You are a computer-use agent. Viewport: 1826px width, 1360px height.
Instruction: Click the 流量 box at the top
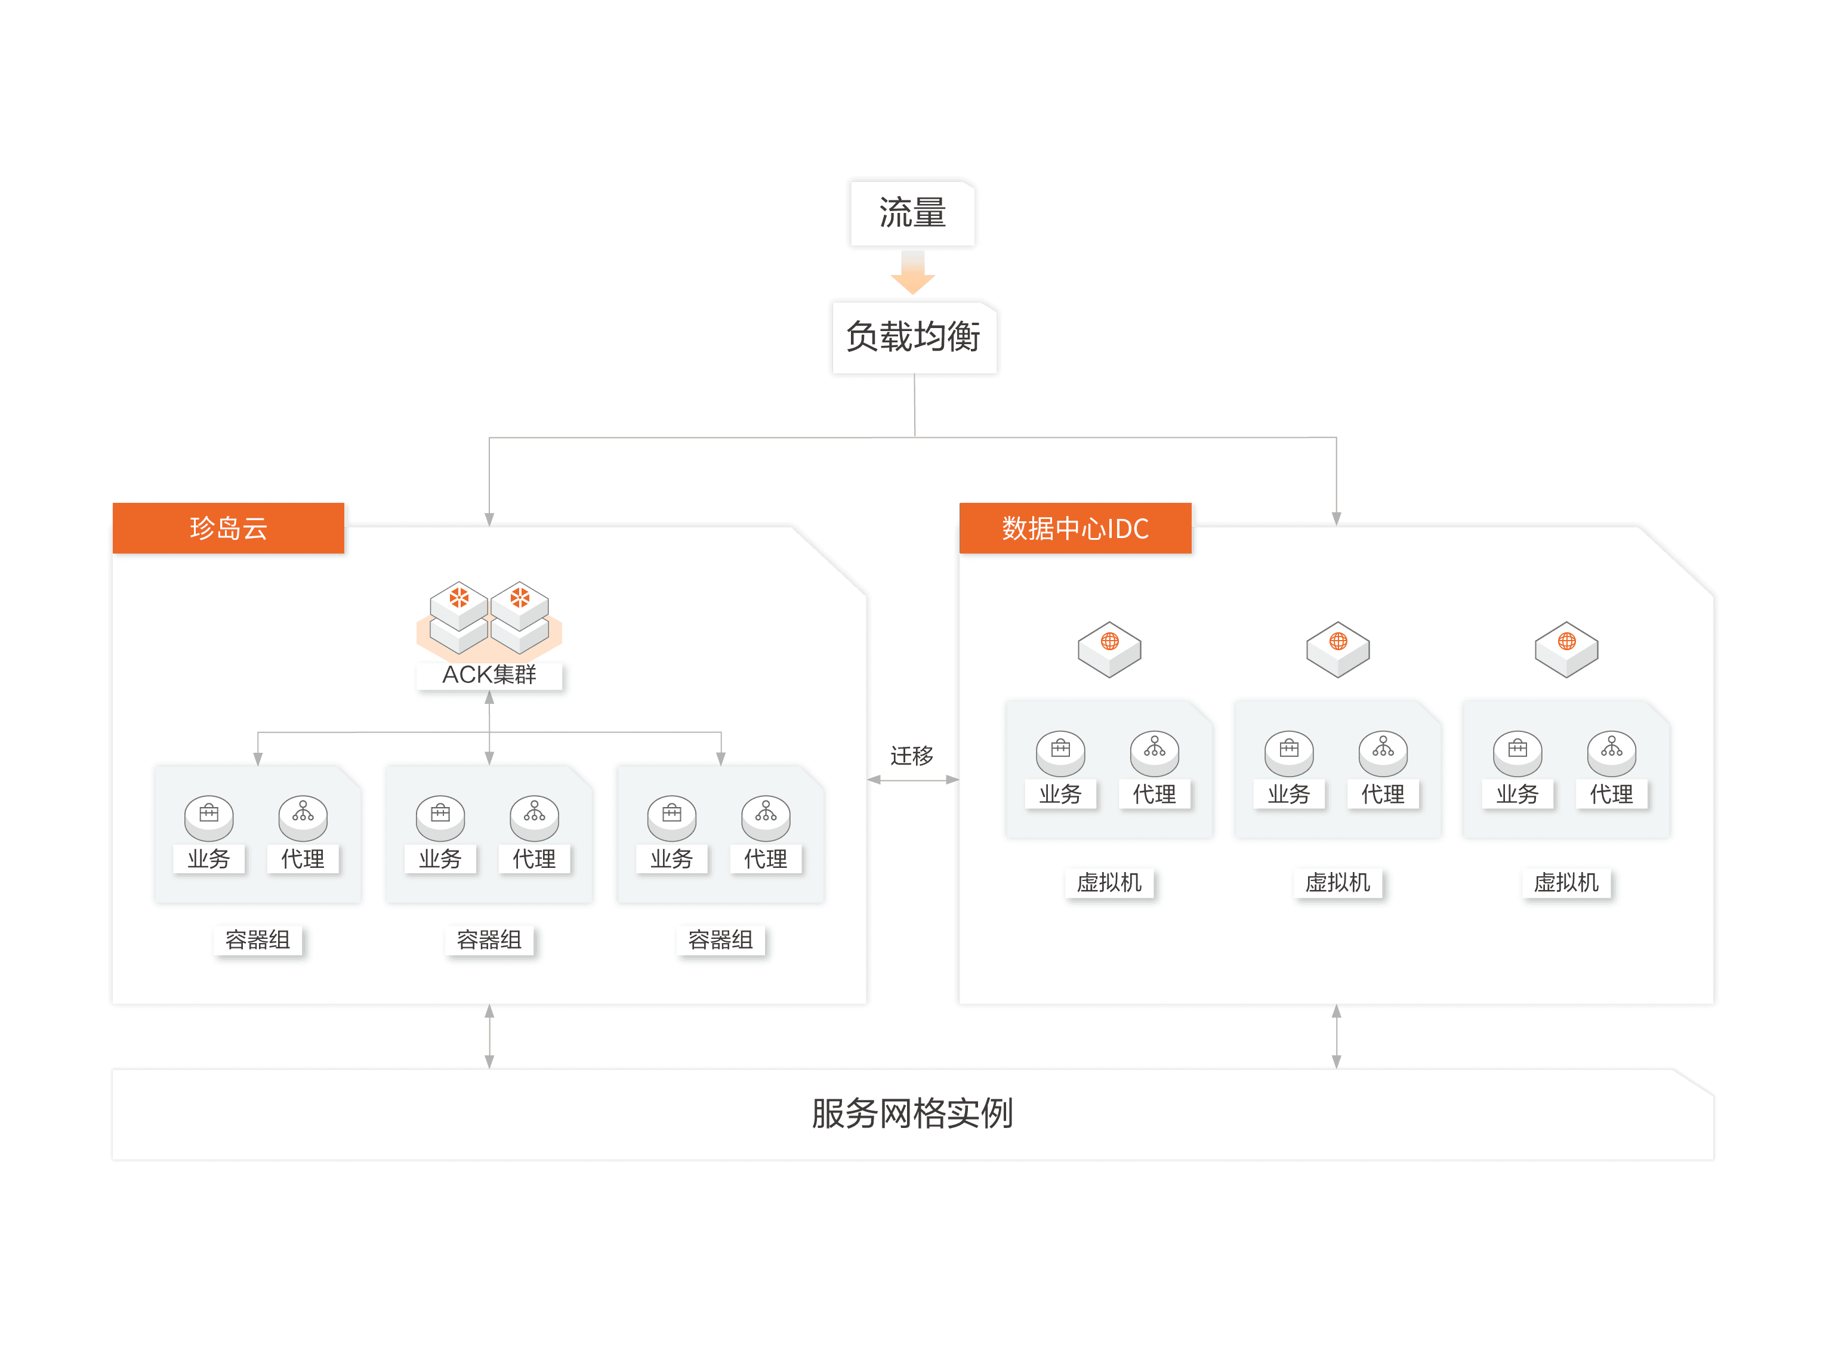coord(912,213)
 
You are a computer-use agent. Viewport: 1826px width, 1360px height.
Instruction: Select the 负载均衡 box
coord(914,336)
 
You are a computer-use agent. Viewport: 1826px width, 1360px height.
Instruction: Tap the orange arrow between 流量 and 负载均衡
coord(912,274)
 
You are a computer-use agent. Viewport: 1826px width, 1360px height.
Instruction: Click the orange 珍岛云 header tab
coord(228,528)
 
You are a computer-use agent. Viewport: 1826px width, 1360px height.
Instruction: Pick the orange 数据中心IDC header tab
coord(1075,528)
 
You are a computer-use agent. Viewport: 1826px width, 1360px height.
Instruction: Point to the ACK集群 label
coord(489,674)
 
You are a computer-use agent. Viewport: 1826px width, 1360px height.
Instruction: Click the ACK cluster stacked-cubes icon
coord(489,617)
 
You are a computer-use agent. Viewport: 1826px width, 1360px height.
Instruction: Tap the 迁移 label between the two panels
coord(912,755)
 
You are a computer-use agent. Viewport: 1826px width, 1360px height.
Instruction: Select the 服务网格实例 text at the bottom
coord(912,1113)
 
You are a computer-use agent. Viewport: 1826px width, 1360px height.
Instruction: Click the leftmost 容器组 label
coord(258,939)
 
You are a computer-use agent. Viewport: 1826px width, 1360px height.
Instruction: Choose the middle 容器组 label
coord(489,939)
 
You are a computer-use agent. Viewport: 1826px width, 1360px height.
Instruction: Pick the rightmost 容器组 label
coord(721,939)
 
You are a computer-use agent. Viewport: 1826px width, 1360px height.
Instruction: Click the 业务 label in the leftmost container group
coord(208,858)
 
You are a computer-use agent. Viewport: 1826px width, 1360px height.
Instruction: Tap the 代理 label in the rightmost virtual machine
coord(1612,793)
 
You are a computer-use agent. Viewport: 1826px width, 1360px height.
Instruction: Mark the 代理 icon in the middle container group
coord(535,817)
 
